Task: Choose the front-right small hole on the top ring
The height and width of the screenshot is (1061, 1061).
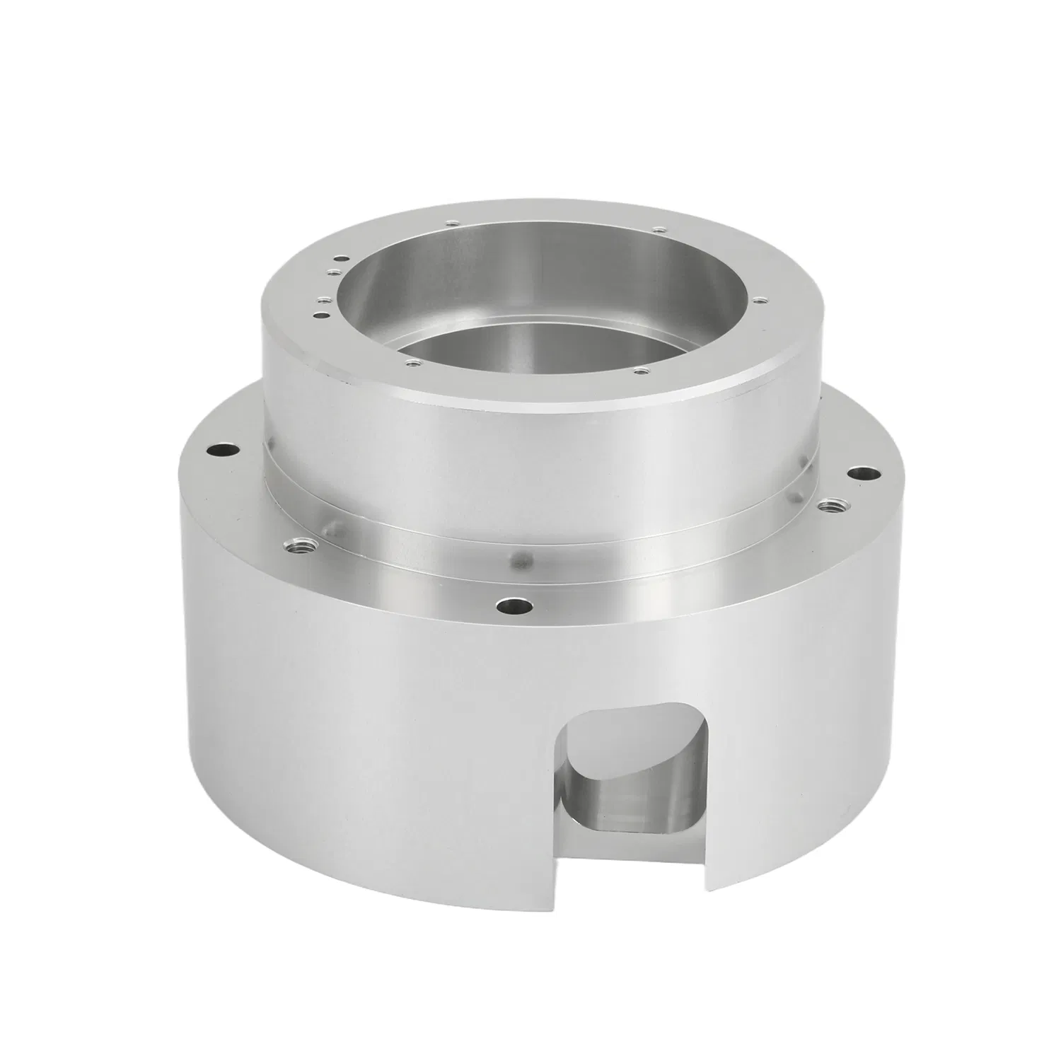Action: (x=639, y=369)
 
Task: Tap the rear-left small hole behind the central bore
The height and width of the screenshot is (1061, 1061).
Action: (x=448, y=224)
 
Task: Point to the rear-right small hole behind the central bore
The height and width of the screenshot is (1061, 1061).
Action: (x=658, y=229)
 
